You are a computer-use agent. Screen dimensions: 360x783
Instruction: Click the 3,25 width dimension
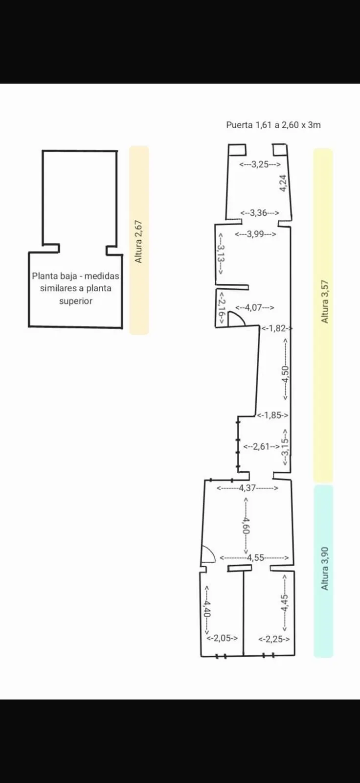[x=260, y=164]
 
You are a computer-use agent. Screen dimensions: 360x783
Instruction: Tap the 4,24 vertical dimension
[x=283, y=183]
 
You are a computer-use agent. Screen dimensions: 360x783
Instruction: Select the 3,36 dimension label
[x=259, y=212]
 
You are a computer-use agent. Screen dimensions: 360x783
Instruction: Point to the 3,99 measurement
[x=255, y=234]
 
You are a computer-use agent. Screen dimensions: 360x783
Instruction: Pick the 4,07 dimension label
[x=254, y=308]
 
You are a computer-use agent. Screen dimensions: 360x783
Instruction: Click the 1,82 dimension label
[x=277, y=328]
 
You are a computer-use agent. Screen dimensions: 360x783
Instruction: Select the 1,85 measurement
[x=272, y=415]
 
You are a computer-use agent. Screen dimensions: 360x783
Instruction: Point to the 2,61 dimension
[x=261, y=446]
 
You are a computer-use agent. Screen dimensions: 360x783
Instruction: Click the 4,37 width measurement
[x=247, y=487]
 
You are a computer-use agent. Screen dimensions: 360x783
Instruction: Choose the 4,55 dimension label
[x=254, y=557]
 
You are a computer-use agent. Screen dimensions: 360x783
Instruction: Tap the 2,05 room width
[x=222, y=638]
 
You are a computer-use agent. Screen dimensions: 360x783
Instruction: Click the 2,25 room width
[x=274, y=639]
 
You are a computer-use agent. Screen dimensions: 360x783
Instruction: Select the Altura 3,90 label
[x=325, y=569]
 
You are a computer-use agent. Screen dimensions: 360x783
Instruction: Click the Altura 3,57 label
[x=325, y=301]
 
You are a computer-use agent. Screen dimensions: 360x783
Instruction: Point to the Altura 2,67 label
[x=139, y=242]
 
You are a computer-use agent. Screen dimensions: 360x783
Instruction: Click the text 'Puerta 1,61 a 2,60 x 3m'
[x=273, y=125]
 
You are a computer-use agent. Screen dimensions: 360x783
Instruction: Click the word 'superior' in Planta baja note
[x=76, y=301]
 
